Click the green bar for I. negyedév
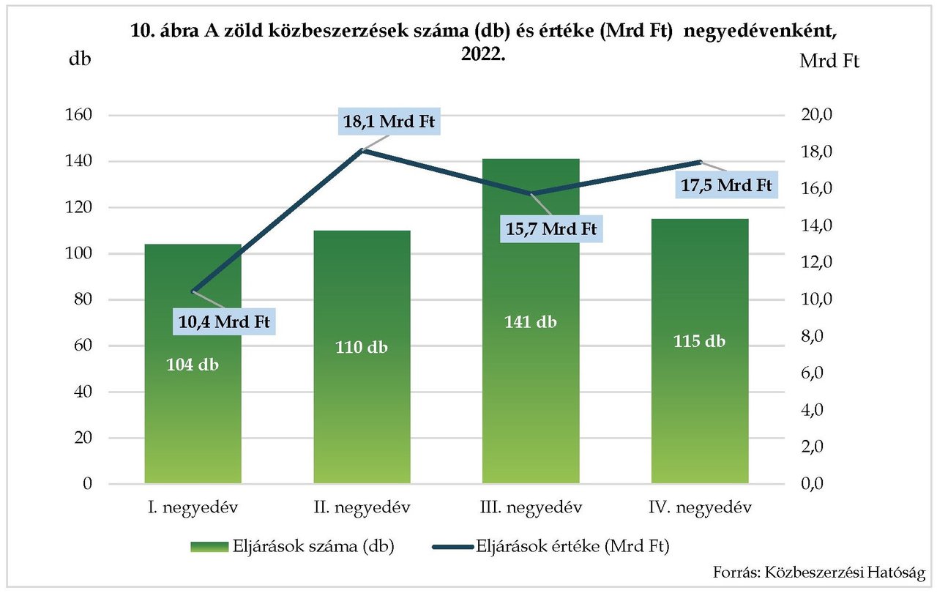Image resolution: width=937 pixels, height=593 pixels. tap(193, 410)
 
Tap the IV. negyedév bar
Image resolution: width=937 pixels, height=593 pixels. tap(700, 410)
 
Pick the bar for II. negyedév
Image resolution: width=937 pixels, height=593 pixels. tap(362, 410)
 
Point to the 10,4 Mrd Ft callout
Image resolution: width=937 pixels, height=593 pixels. tap(225, 321)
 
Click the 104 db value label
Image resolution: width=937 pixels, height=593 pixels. tap(193, 365)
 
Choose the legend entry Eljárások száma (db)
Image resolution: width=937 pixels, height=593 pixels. tap(293, 547)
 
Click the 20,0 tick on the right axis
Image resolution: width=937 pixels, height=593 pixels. tap(818, 115)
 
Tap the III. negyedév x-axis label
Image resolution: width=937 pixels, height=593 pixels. tap(531, 507)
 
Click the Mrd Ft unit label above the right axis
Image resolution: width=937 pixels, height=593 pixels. tap(829, 61)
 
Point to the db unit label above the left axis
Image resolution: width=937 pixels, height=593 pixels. tap(80, 59)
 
